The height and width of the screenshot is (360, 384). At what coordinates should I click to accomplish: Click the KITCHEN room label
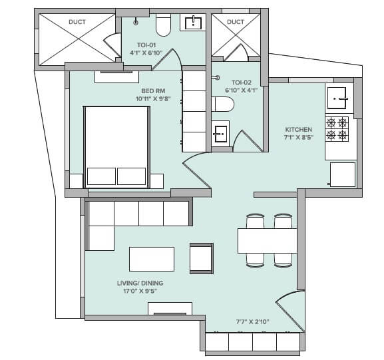pos(298,130)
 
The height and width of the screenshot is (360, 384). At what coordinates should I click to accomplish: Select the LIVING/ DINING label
pos(140,283)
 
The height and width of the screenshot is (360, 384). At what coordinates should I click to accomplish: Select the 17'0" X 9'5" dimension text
pos(140,291)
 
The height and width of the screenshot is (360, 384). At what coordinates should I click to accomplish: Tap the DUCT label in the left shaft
pos(77,21)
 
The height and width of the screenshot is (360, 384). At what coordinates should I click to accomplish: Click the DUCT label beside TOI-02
pos(236,21)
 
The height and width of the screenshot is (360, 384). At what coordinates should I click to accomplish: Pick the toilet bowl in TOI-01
pos(162,26)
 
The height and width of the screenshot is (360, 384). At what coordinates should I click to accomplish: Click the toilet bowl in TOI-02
pos(222,104)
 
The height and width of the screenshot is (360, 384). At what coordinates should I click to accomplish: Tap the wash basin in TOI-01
pos(194,23)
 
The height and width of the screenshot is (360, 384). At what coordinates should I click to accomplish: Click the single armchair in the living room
pos(202,258)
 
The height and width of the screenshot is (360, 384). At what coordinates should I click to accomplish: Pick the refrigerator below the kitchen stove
pos(342,174)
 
